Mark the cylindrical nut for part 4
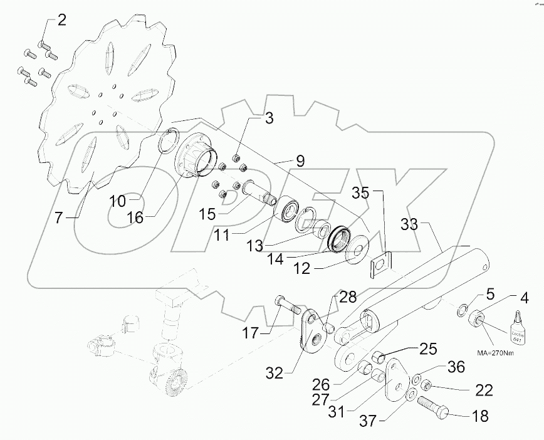477,321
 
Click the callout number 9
300,161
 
